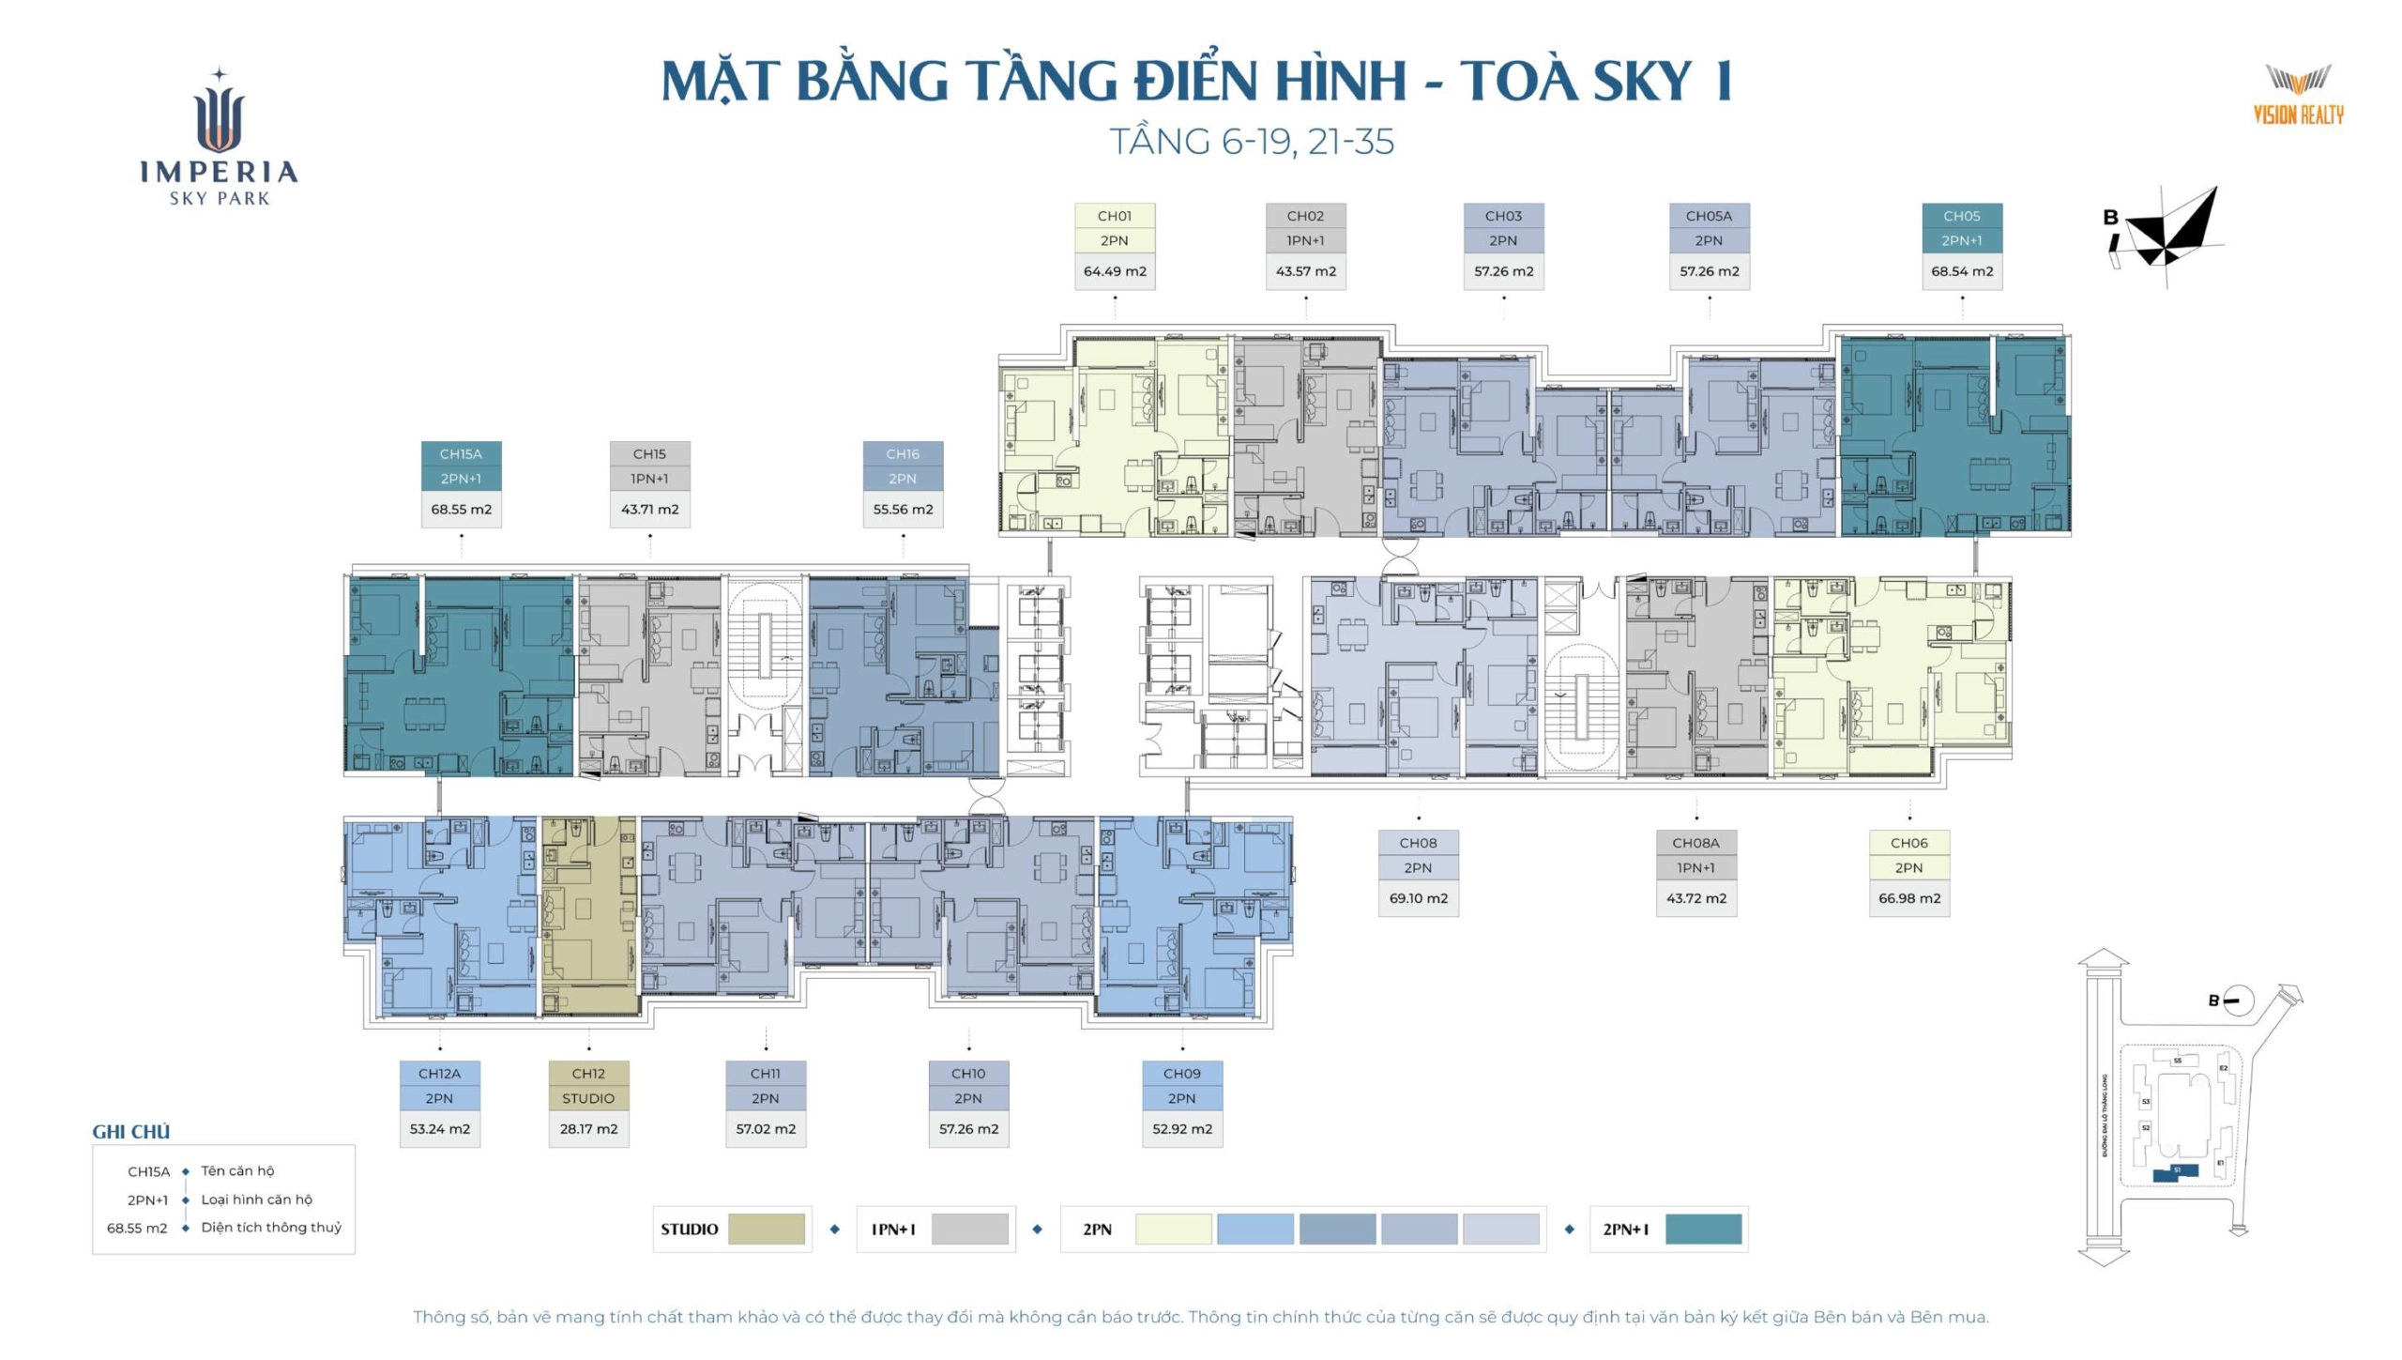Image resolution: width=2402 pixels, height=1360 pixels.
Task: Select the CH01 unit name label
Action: coord(1115,216)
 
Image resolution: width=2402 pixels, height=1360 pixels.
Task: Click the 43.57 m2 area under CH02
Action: coord(1305,271)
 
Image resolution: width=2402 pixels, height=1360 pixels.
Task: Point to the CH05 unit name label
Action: coord(1962,216)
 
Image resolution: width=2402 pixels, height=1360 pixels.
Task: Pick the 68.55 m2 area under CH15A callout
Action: coord(461,510)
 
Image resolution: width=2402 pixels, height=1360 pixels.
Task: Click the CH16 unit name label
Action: coord(903,454)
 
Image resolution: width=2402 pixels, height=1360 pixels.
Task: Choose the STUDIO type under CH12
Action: coord(588,1098)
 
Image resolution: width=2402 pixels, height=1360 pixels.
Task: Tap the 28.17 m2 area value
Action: coord(588,1129)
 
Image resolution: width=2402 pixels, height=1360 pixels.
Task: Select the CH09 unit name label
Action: coord(1181,1074)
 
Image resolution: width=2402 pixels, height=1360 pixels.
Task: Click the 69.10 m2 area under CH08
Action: coord(1418,898)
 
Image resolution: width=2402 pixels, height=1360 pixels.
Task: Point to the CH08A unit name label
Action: coord(1695,843)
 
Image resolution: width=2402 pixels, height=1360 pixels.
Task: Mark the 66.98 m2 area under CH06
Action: coord(1908,898)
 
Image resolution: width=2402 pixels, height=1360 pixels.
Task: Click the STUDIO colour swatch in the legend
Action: coord(766,1230)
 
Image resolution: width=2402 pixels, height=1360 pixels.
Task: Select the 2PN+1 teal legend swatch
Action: coord(1703,1230)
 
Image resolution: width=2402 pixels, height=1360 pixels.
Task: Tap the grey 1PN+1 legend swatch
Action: coord(969,1230)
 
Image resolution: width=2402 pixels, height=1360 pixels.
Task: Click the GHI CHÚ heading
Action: coord(130,1132)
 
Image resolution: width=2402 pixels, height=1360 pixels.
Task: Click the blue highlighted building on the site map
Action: coord(2175,1171)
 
